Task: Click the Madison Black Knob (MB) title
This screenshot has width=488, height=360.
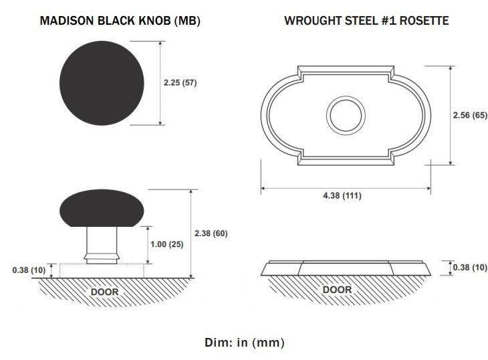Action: (x=120, y=21)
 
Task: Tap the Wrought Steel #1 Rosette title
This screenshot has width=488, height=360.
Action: (x=366, y=21)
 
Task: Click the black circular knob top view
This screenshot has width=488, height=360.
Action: (x=102, y=83)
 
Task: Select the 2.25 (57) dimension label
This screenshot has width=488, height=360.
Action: (x=180, y=82)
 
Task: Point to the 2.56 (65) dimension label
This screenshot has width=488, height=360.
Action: (x=470, y=115)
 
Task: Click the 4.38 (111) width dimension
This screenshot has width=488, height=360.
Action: (x=342, y=195)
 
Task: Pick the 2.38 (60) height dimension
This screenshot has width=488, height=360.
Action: (x=211, y=234)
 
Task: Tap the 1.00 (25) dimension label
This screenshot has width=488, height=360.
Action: (x=167, y=244)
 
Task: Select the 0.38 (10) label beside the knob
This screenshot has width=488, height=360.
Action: (x=29, y=270)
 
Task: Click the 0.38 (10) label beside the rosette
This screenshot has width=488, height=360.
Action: (x=470, y=267)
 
